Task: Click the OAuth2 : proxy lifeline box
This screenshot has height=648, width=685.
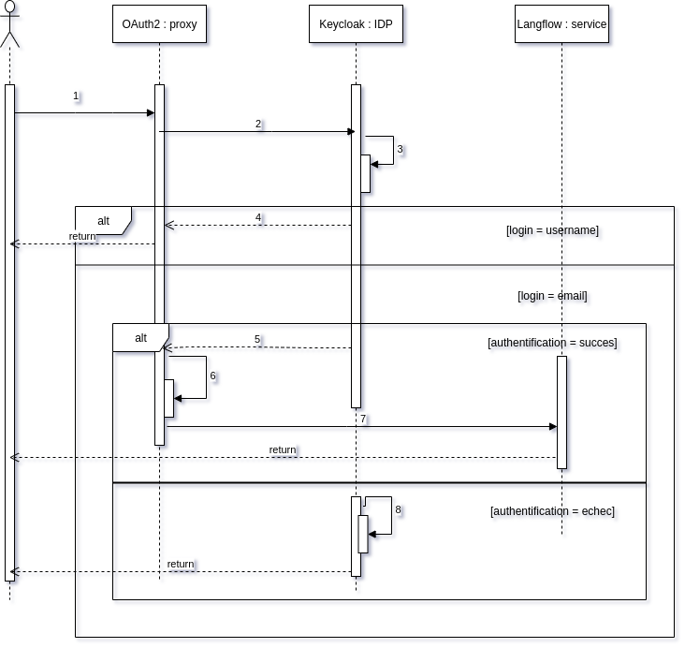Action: [x=159, y=24]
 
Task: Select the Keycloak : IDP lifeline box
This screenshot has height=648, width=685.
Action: [x=356, y=24]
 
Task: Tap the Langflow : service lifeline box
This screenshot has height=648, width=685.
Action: [x=561, y=24]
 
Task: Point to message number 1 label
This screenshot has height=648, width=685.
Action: [x=76, y=96]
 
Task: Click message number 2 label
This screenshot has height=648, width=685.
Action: [x=258, y=124]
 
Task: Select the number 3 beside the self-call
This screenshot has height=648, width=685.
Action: [x=400, y=149]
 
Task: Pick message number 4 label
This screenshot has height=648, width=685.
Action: [x=258, y=217]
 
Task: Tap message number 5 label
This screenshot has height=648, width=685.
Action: [x=257, y=339]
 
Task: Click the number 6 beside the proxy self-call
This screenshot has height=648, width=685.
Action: [x=212, y=376]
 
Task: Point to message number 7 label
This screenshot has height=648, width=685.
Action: [x=363, y=419]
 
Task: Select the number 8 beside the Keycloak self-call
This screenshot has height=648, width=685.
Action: [x=398, y=509]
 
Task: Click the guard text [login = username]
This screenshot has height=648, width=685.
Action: [x=552, y=230]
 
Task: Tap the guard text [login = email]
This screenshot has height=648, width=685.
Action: [x=552, y=296]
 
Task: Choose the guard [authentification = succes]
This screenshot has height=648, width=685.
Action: [x=552, y=343]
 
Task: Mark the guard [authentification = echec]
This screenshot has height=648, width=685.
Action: [x=552, y=511]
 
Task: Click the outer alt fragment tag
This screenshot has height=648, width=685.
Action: [x=103, y=221]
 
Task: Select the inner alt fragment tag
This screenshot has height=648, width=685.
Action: [x=140, y=338]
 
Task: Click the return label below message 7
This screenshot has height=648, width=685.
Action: [x=283, y=449]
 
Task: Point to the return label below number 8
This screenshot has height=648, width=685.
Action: [x=181, y=564]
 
